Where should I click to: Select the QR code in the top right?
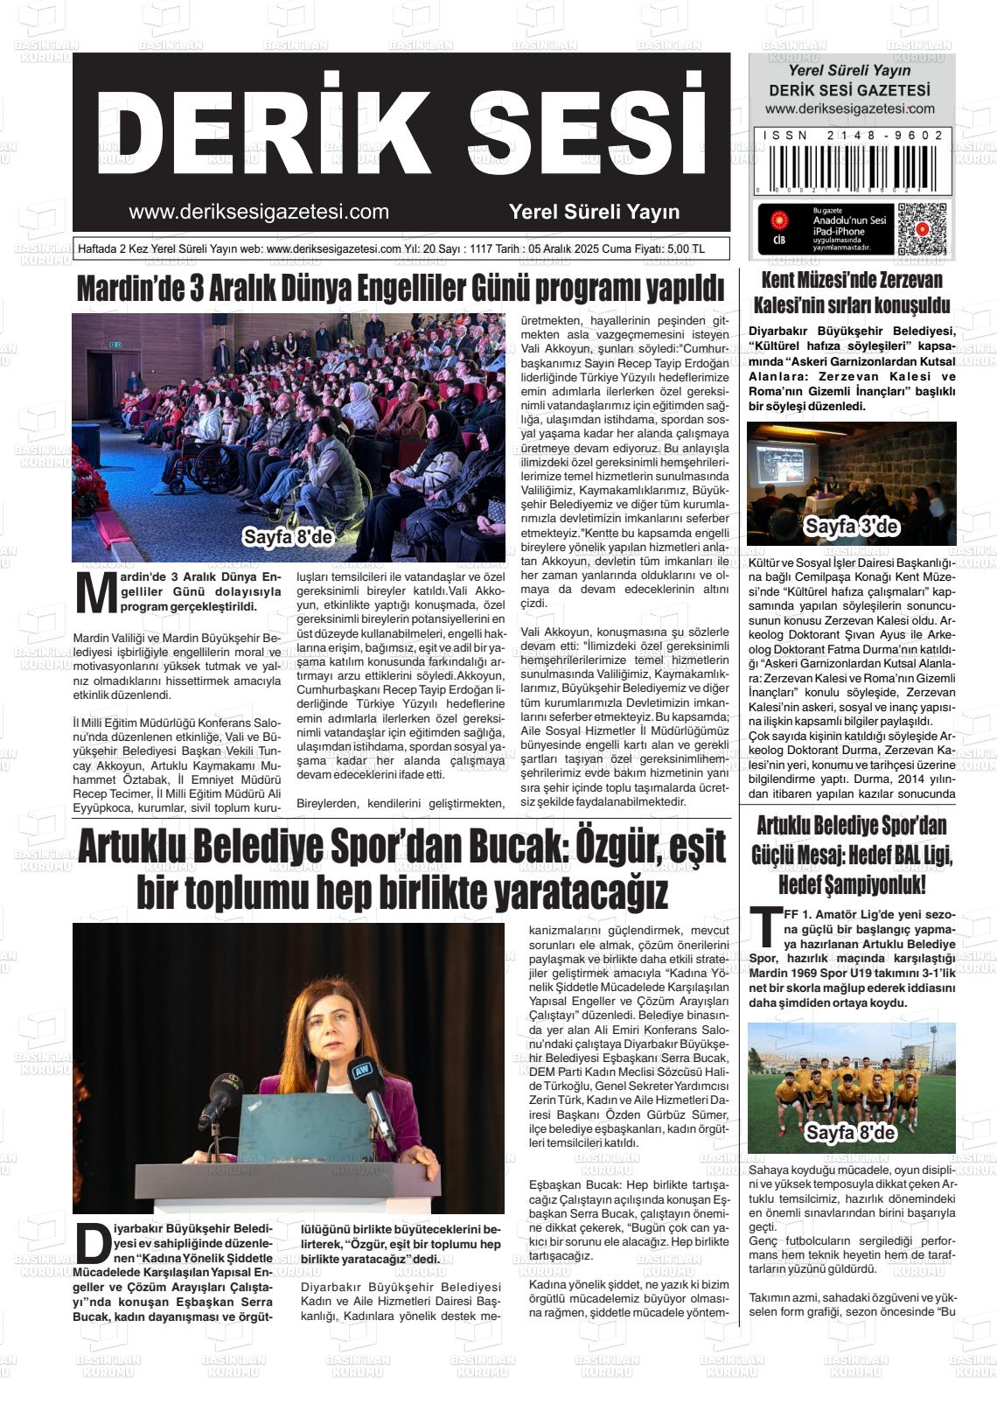[x=922, y=228]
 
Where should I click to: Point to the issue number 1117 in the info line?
[x=481, y=249]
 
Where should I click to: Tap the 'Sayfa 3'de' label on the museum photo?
[x=851, y=527]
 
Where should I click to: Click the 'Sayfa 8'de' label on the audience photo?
[x=288, y=537]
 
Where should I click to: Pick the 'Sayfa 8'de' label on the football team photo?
[x=850, y=1133]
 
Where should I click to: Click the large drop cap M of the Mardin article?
[x=96, y=593]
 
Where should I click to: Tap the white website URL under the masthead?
[x=259, y=212]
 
